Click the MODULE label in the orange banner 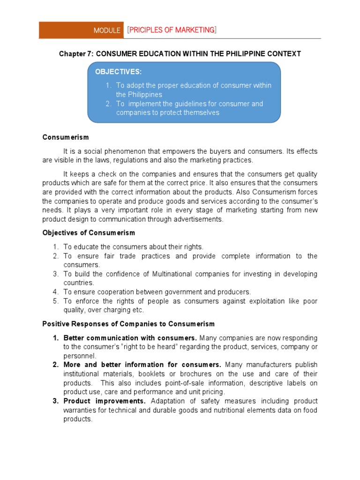click(107, 30)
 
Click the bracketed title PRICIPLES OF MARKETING click(172, 30)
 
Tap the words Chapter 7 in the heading click(75, 54)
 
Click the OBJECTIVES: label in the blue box click(118, 72)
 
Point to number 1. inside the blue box click(108, 85)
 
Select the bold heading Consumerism click(66, 137)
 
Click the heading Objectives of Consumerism click(89, 232)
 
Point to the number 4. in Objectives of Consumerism click(55, 292)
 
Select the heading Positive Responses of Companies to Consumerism click(128, 324)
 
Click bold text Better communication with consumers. click(130, 338)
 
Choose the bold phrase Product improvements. click(105, 401)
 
